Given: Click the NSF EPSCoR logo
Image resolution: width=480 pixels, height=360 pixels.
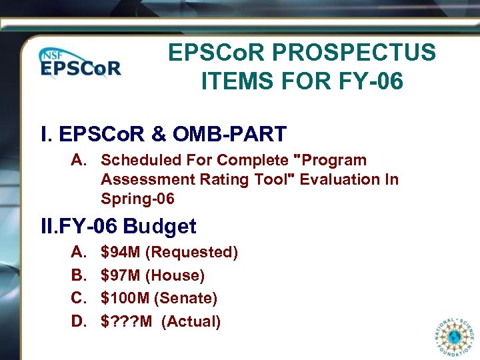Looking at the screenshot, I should pos(79,64).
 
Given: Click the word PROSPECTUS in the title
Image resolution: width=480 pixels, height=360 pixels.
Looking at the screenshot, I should pos(359,53).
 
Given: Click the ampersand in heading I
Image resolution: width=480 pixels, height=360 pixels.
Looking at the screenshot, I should pos(159,134).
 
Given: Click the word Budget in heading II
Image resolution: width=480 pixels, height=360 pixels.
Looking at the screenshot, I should pos(160,227).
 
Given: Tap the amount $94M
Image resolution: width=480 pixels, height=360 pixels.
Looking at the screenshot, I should pos(120,253).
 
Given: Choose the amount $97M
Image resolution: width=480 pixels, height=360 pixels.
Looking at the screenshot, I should pos(120,275).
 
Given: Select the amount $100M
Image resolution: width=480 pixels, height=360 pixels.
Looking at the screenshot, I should pos(125,298).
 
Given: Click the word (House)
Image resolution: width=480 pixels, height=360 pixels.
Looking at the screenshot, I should pos(175,275).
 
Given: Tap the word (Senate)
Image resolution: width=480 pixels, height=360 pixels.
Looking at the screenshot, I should pos(186,298).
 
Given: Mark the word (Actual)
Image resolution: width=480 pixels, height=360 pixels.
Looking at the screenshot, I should pos(191,321).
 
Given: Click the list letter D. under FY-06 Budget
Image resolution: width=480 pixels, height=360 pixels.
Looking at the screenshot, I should pos(79,321).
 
